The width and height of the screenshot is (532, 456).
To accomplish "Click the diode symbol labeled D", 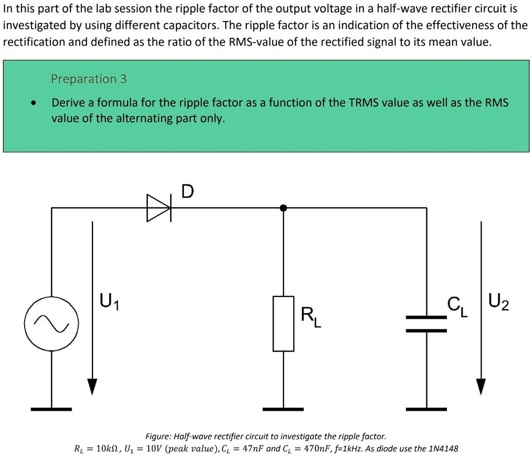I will tap(159, 208).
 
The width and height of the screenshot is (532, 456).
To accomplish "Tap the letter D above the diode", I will tap(187, 191).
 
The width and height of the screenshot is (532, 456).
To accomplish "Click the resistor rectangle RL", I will tap(283, 323).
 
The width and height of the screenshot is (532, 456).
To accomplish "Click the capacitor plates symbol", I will tap(426, 324).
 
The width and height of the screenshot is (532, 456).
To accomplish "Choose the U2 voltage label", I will tap(498, 303).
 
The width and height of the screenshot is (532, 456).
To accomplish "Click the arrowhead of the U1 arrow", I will tap(92, 386).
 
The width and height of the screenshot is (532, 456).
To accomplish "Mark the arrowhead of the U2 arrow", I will tap(481, 386).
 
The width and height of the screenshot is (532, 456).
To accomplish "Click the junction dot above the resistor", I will tap(283, 208).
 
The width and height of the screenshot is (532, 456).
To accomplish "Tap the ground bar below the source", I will tap(51, 408).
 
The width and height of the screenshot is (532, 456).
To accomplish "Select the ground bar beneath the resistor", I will tap(283, 408).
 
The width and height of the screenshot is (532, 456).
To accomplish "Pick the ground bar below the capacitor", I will tap(426, 408).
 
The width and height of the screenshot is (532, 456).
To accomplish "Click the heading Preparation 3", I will tap(89, 79).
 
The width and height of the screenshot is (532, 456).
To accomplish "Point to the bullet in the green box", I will tap(33, 103).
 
